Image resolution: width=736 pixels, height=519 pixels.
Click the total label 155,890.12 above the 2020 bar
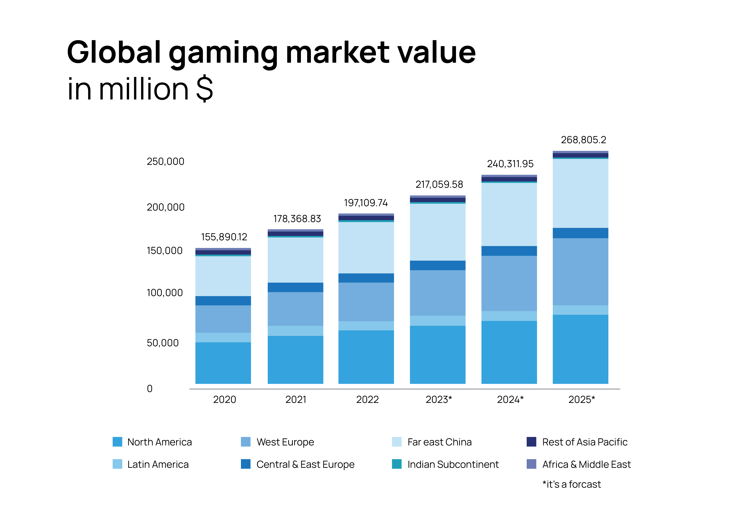(224, 237)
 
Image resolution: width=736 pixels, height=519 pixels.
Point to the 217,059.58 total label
(439, 185)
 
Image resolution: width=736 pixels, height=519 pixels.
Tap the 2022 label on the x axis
(367, 400)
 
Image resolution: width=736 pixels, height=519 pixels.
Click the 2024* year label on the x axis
(510, 400)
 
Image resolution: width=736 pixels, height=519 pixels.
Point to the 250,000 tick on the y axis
(165, 161)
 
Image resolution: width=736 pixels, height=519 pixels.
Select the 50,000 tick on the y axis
(163, 343)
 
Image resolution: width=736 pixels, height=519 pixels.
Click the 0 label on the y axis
(150, 389)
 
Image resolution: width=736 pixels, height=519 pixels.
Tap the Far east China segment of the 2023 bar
(438, 232)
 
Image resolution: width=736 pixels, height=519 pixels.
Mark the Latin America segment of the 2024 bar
(509, 316)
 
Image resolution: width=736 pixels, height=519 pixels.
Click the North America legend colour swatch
(117, 442)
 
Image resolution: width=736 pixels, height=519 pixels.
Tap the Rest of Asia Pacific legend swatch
(531, 442)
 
